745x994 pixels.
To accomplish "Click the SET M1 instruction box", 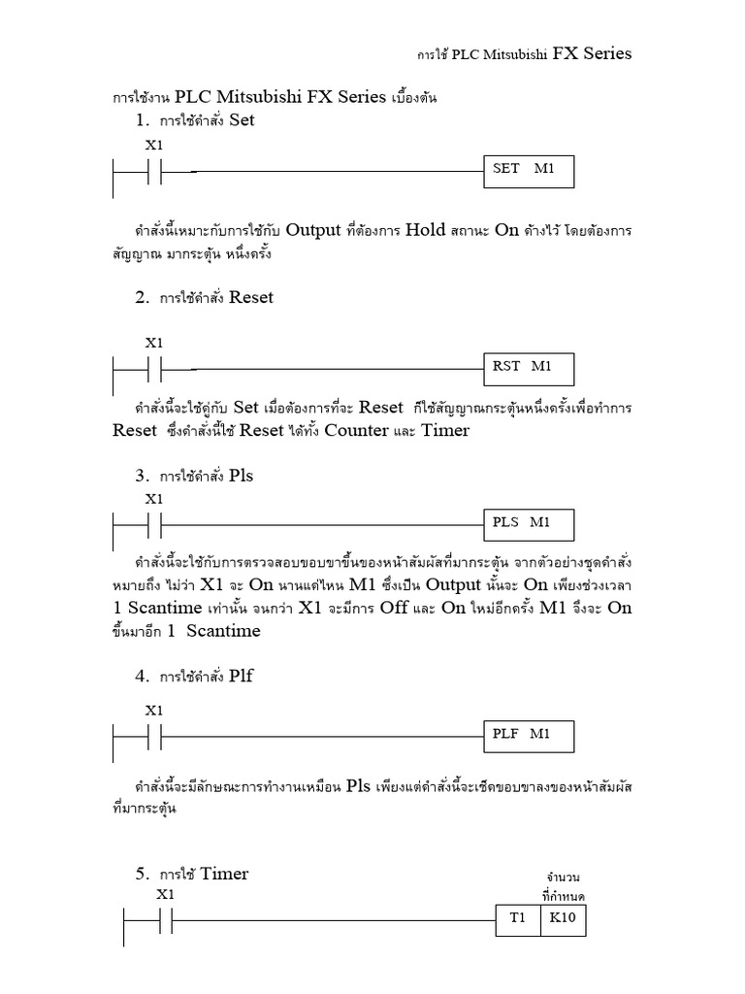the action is pyautogui.click(x=529, y=172).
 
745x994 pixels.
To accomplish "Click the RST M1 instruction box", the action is pyautogui.click(x=529, y=369).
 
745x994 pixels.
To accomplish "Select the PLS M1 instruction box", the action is pyautogui.click(x=529, y=525).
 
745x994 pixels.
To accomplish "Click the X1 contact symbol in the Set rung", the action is pyautogui.click(x=155, y=173).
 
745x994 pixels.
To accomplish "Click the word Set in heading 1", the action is pyautogui.click(x=242, y=120).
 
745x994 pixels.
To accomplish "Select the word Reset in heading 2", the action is pyautogui.click(x=251, y=297).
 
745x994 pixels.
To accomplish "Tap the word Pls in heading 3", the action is pyautogui.click(x=242, y=476).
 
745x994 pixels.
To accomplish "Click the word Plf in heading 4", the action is pyautogui.click(x=241, y=676).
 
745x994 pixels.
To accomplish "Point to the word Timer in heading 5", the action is pyautogui.click(x=224, y=874).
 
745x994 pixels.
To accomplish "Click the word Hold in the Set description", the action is pyautogui.click(x=426, y=231).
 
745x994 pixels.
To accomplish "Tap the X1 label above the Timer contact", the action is pyautogui.click(x=166, y=894).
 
